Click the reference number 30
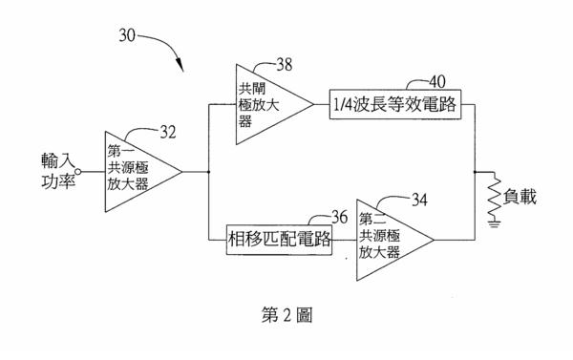pos(127,36)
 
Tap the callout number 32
pos(168,132)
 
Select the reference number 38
pos(285,64)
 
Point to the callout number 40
pos(437,81)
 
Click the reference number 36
pos(339,218)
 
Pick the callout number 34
pos(419,200)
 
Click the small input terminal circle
pos(78,172)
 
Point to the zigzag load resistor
pos(495,198)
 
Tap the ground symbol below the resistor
pos(495,223)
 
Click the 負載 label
pos(520,197)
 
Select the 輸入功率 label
pos(58,171)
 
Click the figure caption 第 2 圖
pos(286,315)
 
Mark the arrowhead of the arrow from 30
pos(180,65)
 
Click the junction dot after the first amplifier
pos(208,172)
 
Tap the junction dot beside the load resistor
pos(475,172)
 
